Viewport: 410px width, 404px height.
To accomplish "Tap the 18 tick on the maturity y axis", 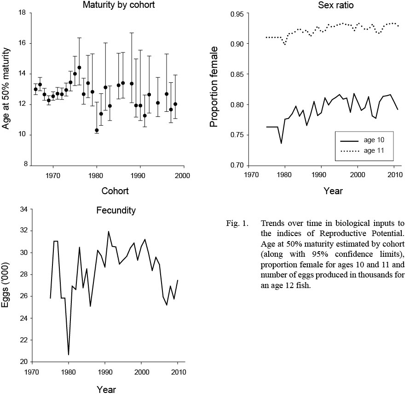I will (x=22, y=13).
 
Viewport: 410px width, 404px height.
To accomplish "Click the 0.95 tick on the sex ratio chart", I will (x=236, y=14).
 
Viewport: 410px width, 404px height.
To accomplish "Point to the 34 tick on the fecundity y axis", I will (x=22, y=209).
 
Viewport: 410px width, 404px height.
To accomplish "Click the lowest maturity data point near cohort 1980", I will (x=97, y=130).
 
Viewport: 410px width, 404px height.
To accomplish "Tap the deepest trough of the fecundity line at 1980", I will (x=69, y=354).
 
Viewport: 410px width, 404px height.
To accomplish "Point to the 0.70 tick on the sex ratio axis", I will (x=236, y=166).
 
